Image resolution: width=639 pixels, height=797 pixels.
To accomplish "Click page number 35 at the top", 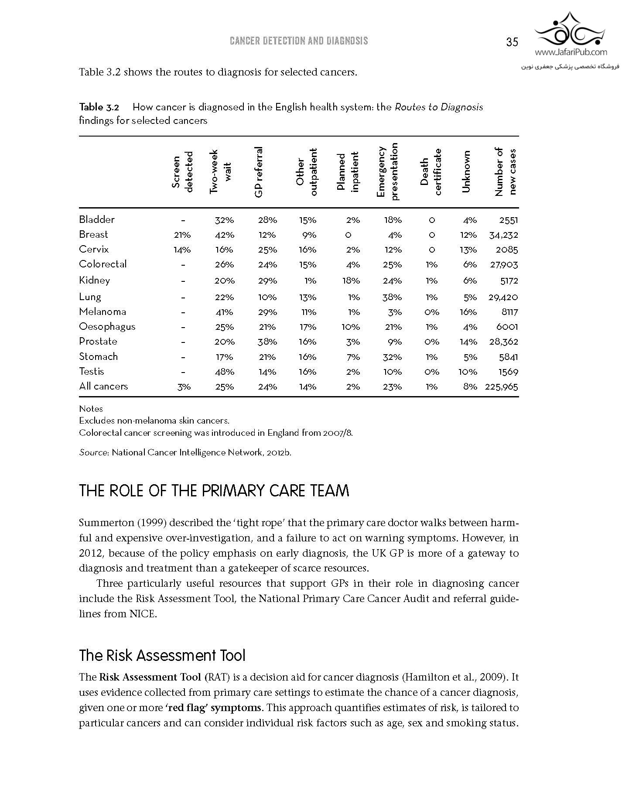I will (x=512, y=42).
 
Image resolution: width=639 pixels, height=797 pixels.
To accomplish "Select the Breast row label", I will (x=93, y=235).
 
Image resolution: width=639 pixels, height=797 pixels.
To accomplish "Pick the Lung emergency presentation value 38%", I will (x=392, y=298).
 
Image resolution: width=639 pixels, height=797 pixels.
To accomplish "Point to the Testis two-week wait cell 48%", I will (x=225, y=372).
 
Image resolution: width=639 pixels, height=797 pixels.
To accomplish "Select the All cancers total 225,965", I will (x=501, y=387).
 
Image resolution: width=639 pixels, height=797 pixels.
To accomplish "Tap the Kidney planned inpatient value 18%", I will (x=351, y=281).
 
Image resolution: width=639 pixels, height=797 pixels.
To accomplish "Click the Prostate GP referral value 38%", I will (x=267, y=342).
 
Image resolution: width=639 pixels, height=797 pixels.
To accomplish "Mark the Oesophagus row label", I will (x=107, y=327).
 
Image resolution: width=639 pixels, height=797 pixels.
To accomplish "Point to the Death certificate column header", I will (x=431, y=172).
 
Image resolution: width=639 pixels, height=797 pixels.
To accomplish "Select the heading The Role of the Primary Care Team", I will (x=214, y=491).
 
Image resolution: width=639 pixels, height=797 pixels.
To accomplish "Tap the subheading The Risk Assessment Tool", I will (x=162, y=656).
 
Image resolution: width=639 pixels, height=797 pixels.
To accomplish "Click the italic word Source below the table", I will (x=93, y=453).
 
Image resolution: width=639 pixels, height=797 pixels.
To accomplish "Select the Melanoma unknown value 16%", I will (x=468, y=312).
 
